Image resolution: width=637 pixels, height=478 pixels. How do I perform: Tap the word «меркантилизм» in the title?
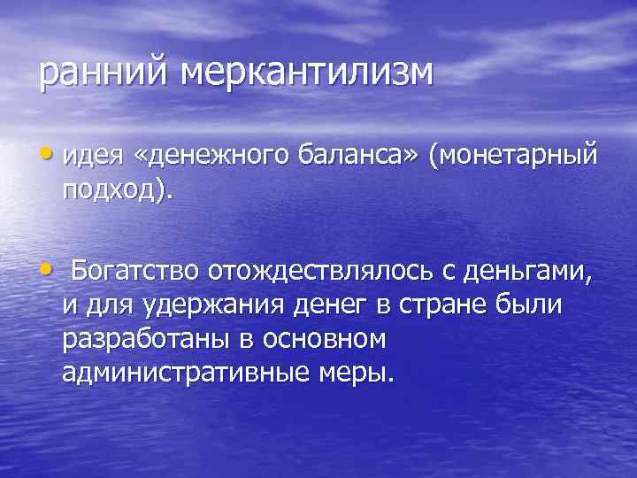click(x=308, y=73)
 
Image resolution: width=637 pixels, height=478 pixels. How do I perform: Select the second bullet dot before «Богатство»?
click(x=47, y=266)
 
